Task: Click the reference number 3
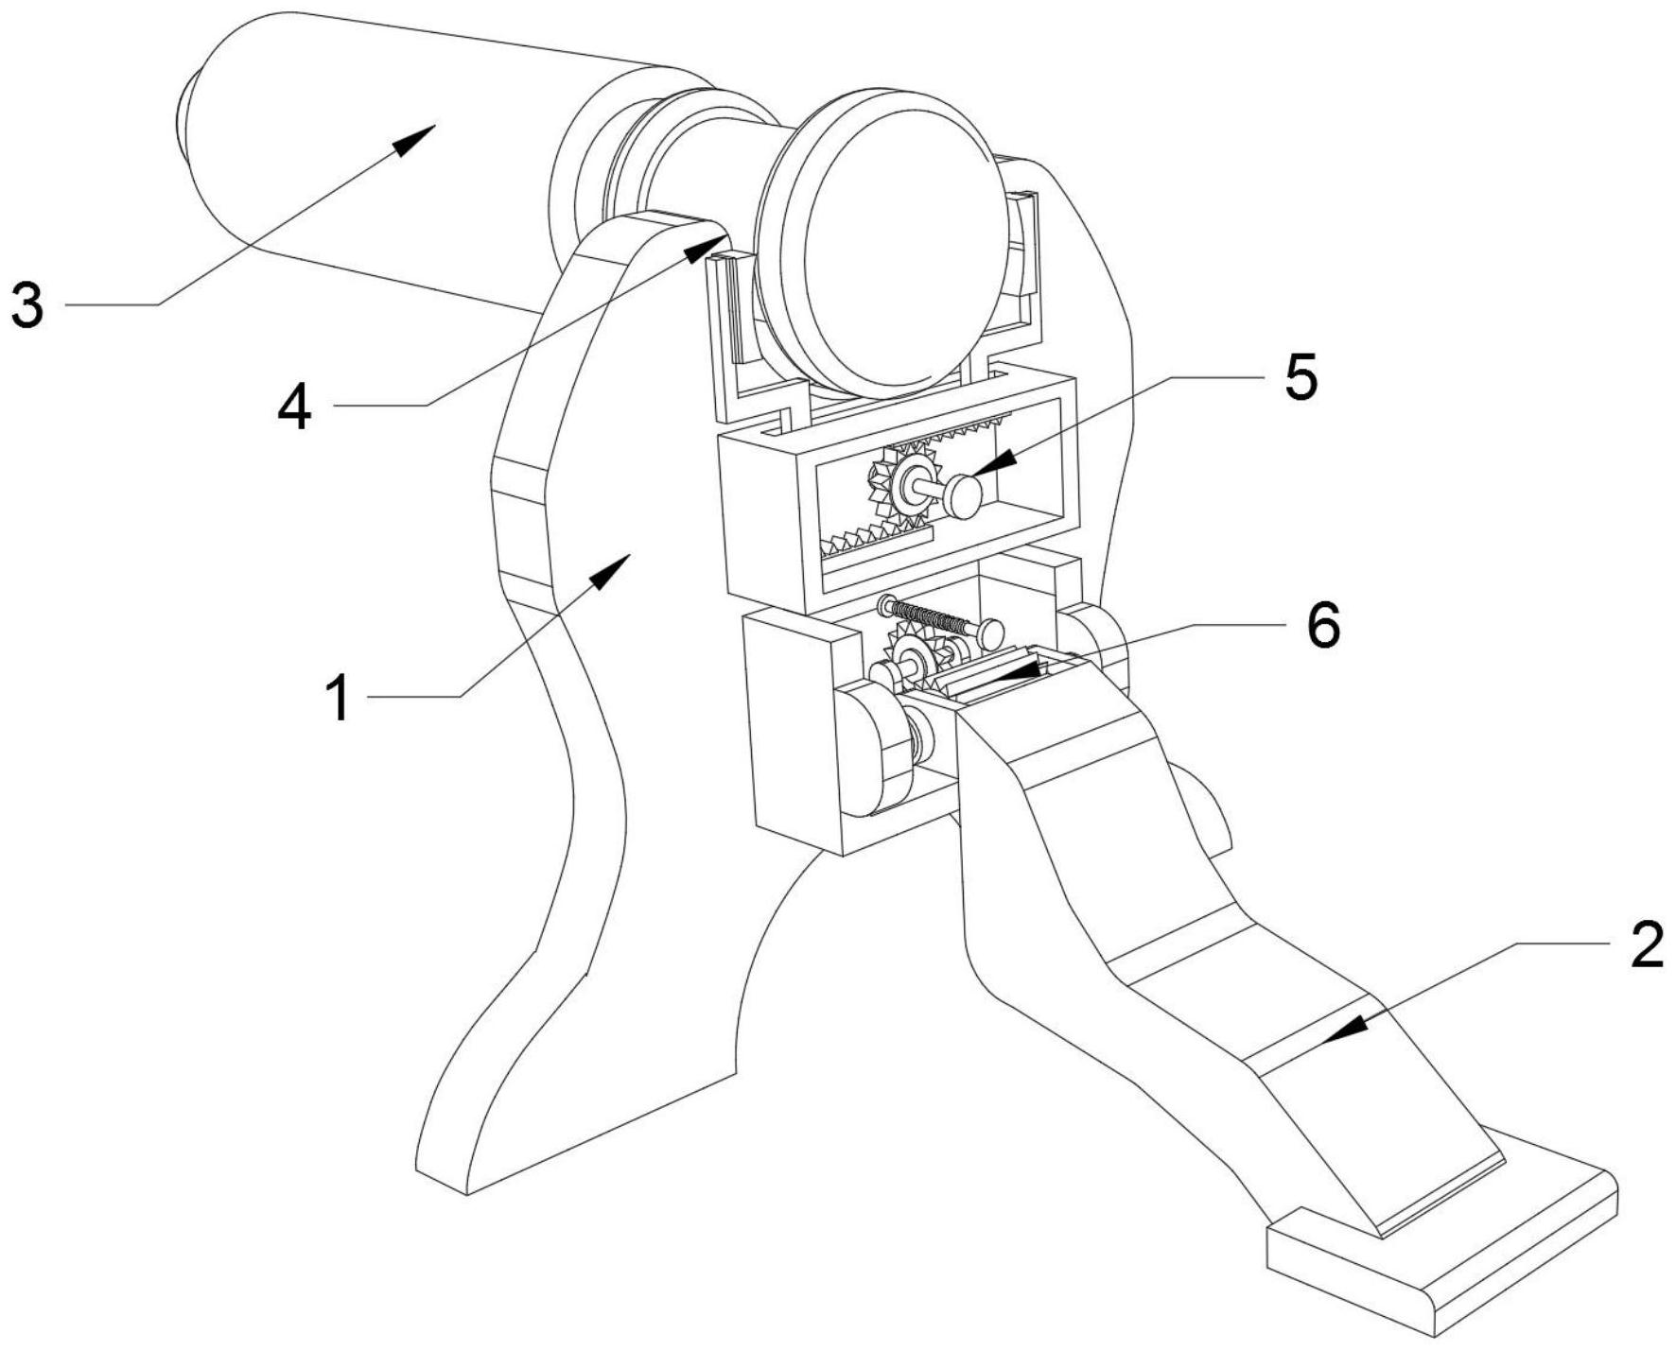coord(27,305)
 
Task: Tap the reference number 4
coord(294,409)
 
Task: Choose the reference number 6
coord(1323,625)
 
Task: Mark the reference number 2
coord(1647,944)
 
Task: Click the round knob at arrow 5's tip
coord(964,497)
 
